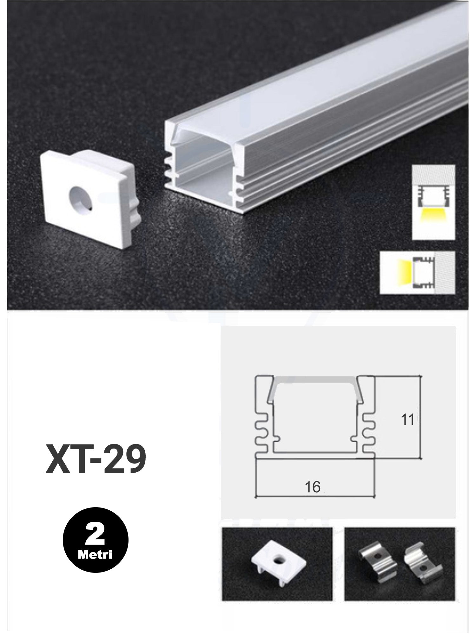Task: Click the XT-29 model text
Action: point(96,459)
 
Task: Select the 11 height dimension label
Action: point(407,420)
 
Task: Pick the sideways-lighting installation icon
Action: point(417,272)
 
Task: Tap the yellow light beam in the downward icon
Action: point(433,216)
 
